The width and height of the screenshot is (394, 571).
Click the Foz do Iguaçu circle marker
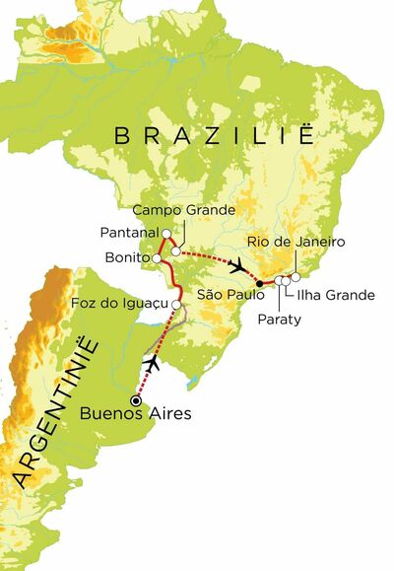175,303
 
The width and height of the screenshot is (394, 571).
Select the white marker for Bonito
156,257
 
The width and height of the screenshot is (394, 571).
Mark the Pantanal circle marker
166,234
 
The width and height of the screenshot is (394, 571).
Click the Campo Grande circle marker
175,250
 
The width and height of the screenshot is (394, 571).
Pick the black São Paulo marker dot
260,283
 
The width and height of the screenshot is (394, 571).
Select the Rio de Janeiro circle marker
295,276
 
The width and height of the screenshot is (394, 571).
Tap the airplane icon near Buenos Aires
154,364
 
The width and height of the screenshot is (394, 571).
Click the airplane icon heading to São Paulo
236,266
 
